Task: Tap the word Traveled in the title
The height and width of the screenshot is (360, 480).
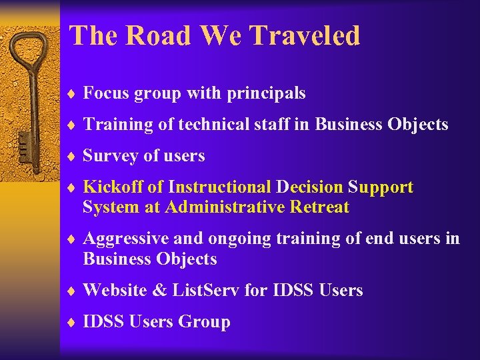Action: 313,36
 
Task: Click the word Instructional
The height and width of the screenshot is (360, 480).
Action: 220,187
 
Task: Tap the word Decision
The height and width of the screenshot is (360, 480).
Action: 309,187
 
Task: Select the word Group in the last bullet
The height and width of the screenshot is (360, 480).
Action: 204,322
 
